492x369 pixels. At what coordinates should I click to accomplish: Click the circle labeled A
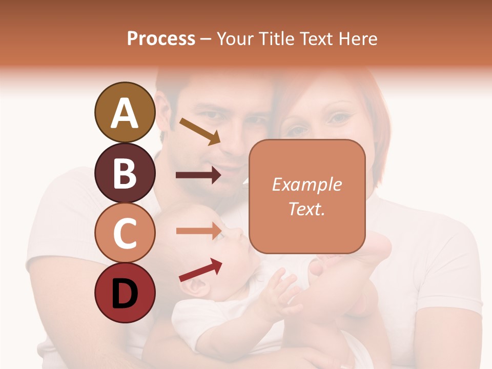point(125,113)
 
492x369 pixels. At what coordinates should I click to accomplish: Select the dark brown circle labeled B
point(125,173)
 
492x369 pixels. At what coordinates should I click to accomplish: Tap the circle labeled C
point(125,233)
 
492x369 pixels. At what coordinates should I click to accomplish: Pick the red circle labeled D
point(125,293)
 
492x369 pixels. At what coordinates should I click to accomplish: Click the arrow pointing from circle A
point(200,131)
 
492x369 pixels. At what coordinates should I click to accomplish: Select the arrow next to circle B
point(198,175)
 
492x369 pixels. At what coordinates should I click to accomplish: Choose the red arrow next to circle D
point(200,270)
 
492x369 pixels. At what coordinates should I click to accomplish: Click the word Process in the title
point(161,39)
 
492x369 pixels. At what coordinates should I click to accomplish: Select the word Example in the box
point(306,184)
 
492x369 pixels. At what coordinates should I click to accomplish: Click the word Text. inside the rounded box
point(306,209)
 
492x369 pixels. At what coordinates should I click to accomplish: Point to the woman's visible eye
point(338,118)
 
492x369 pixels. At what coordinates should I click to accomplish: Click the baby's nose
point(237,233)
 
